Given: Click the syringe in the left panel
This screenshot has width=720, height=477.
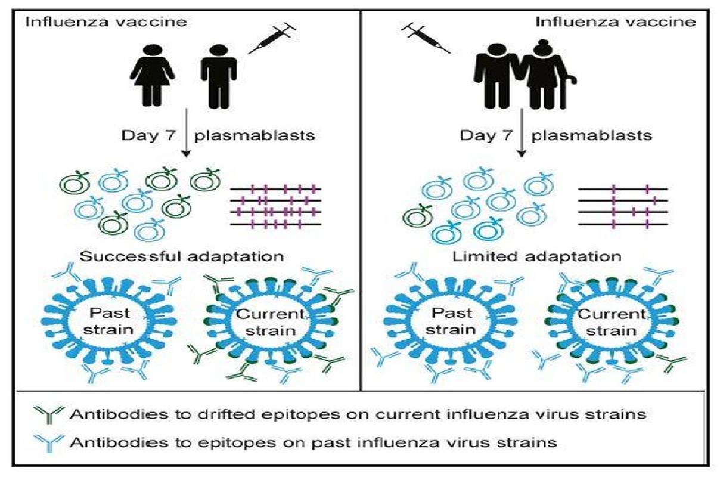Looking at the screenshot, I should pos(271,39).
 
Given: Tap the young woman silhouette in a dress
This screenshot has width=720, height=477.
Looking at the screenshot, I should pos(153,74).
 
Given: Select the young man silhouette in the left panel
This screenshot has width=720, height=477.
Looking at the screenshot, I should pos(218,75).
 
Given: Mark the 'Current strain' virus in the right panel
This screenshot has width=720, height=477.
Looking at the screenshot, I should pos(612,322).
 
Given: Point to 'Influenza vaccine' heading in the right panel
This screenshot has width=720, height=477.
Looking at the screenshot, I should pos(615,23).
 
